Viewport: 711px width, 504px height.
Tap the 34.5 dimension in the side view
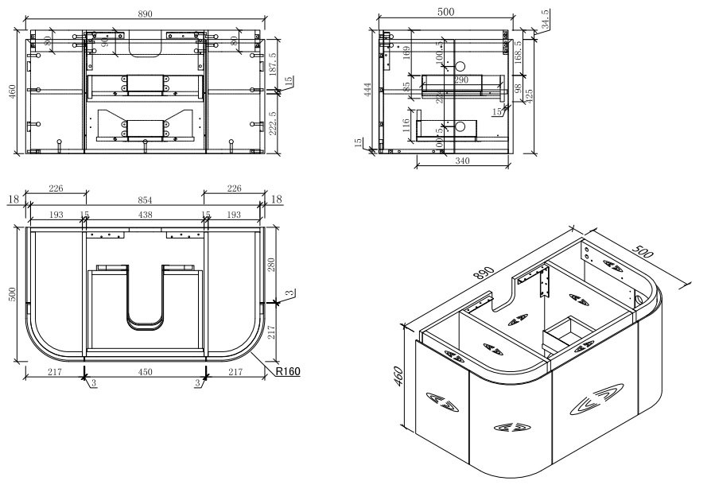(545, 17)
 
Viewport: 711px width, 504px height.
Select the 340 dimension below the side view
(461, 161)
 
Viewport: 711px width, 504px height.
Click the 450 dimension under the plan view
(145, 371)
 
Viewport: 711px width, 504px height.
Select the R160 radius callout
(287, 370)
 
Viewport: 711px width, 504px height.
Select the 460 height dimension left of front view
(11, 92)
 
